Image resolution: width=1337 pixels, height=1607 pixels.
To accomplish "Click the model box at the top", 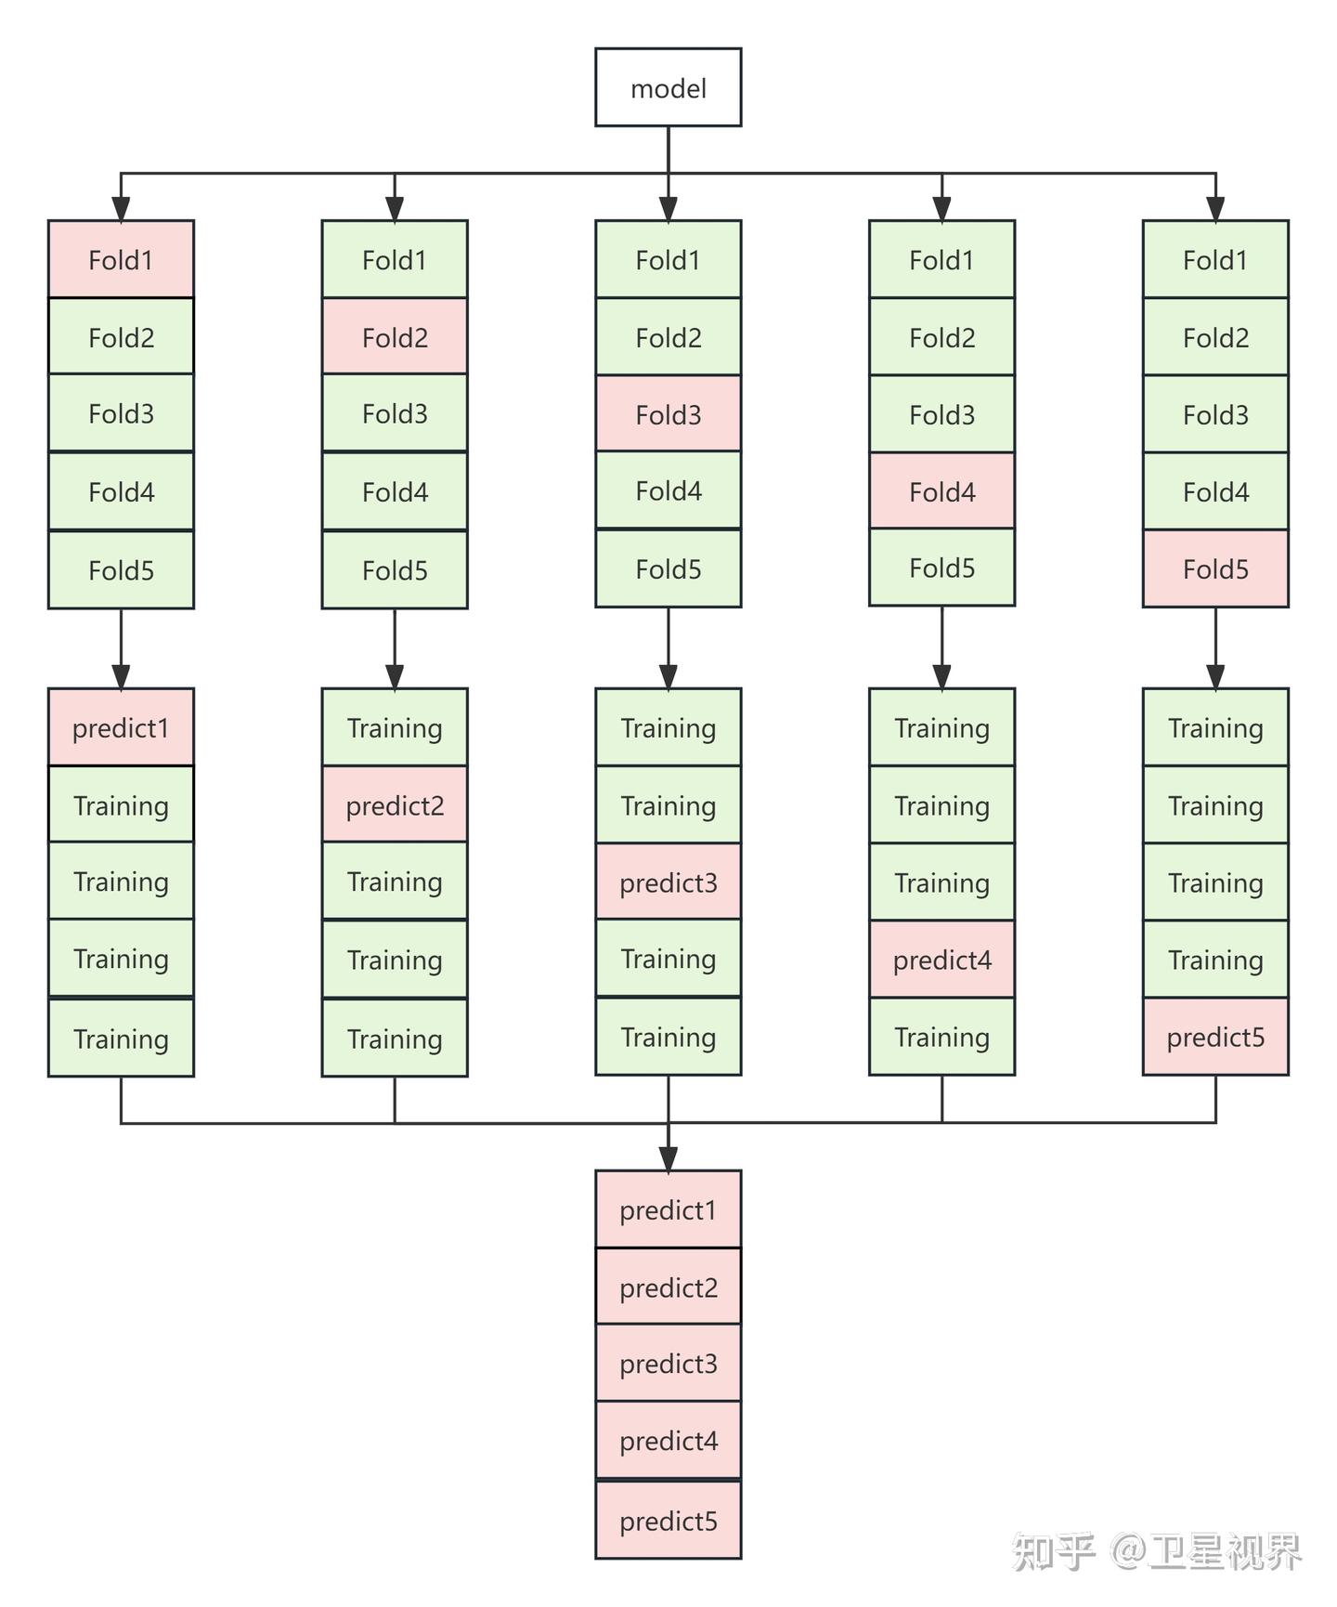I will (668, 87).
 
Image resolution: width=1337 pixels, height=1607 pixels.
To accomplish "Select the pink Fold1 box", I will (121, 259).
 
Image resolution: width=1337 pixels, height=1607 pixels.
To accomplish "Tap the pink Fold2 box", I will (395, 336).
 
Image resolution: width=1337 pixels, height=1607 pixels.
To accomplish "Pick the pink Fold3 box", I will (668, 414).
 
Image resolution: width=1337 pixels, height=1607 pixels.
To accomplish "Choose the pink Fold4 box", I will (941, 491).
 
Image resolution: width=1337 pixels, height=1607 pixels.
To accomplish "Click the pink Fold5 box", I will (1215, 568).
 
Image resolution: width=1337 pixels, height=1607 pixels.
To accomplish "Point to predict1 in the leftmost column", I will (121, 727).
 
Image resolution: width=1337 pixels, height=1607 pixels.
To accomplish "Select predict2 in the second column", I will (395, 804).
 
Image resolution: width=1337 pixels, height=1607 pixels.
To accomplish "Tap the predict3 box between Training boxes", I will (668, 882).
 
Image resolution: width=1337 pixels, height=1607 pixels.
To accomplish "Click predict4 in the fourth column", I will (941, 960).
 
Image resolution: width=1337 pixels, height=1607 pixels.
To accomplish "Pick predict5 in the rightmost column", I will (1215, 1037).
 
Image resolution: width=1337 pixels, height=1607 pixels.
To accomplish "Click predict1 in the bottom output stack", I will (668, 1209).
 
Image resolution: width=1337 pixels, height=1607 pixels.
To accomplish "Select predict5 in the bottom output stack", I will (668, 1521).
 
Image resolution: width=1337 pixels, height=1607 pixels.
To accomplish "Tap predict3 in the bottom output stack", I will (668, 1364).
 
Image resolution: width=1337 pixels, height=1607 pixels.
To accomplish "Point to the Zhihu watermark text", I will (1157, 1551).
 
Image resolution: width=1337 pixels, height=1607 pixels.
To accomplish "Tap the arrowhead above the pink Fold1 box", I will (121, 209).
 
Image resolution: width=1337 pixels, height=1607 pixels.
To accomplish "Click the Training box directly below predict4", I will (941, 1037).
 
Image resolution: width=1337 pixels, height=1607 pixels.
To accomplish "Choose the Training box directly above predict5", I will (1215, 960).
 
